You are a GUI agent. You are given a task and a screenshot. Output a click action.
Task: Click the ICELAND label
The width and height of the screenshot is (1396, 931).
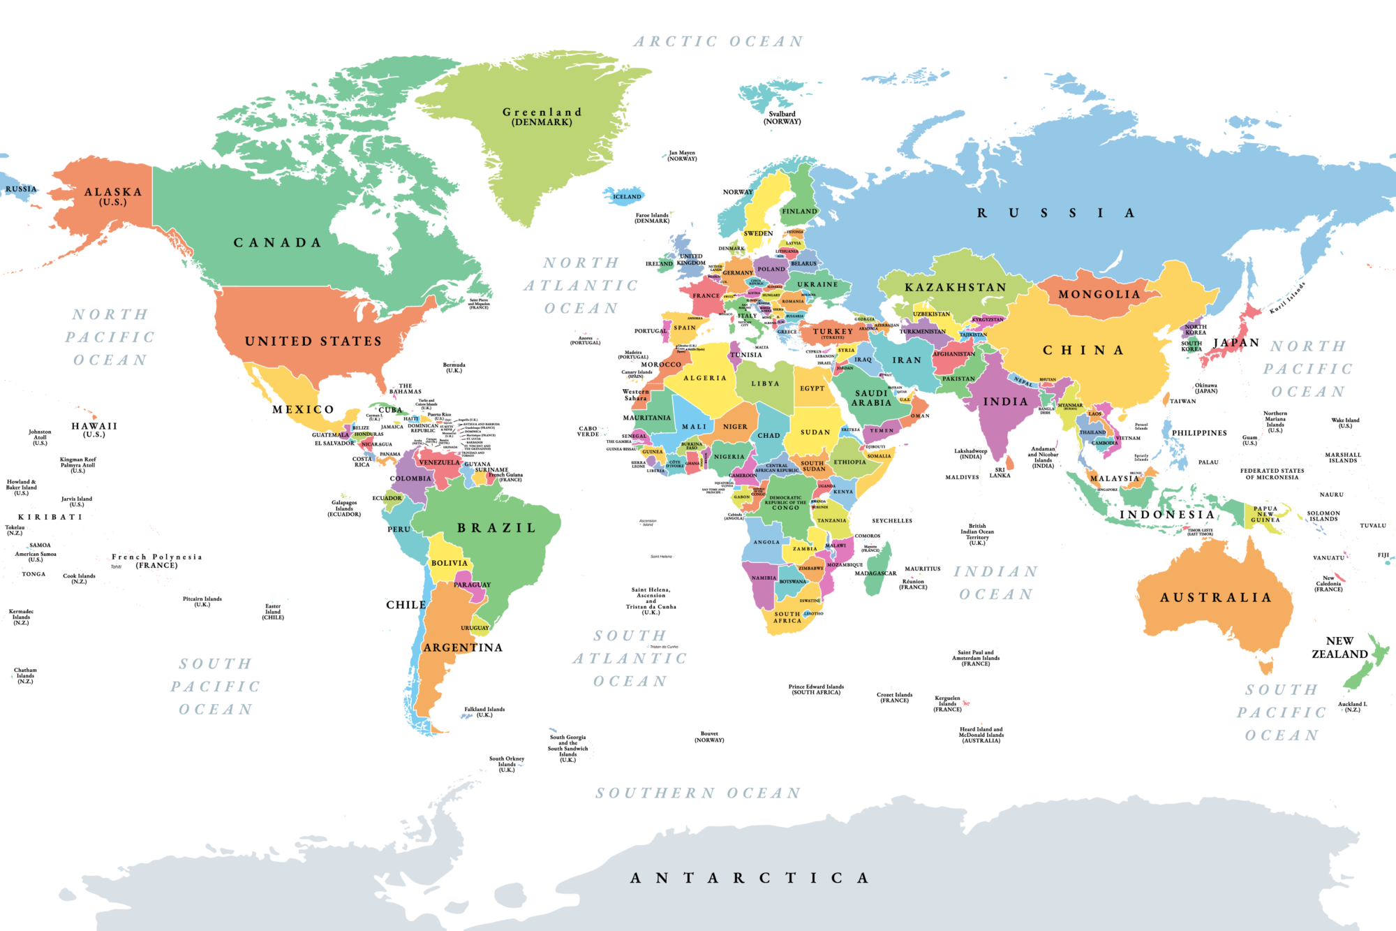(627, 197)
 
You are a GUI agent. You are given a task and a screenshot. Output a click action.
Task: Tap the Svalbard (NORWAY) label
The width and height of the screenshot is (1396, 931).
(782, 117)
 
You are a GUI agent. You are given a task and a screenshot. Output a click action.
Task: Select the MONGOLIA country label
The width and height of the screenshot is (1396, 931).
(1099, 295)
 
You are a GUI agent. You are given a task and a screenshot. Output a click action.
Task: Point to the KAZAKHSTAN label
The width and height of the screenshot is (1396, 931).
(956, 288)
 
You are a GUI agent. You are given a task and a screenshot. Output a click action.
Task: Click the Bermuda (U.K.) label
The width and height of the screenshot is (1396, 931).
(454, 367)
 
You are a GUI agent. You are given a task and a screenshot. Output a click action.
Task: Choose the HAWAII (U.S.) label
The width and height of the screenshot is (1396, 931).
(94, 430)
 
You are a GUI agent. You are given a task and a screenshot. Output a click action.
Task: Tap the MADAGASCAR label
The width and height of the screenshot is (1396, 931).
(875, 573)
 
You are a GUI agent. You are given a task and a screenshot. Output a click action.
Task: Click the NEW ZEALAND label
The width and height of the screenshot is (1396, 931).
(1339, 647)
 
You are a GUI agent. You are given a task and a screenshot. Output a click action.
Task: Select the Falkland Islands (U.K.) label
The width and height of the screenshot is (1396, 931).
(484, 712)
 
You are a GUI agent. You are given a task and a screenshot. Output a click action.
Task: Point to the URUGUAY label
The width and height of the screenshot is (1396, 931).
(475, 628)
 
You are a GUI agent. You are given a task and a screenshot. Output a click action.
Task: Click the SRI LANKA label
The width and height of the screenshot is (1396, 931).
(1000, 473)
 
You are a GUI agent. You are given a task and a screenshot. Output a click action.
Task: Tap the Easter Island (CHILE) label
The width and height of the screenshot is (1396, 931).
(273, 612)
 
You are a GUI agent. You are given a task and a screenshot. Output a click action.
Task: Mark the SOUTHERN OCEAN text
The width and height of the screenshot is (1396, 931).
(698, 793)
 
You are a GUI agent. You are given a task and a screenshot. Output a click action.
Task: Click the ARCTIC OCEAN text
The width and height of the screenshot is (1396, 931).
(718, 42)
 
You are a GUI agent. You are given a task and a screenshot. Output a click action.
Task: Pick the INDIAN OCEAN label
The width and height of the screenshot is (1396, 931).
(996, 583)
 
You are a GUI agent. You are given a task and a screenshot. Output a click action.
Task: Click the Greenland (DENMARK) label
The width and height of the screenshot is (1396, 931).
(542, 117)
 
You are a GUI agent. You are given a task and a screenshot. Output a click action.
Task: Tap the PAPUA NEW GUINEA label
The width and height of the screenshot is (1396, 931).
(1265, 514)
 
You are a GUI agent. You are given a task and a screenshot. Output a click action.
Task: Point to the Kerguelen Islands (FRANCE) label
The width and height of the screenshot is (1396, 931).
(947, 703)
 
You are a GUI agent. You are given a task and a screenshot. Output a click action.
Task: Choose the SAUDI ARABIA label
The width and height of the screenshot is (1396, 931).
(872, 398)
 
